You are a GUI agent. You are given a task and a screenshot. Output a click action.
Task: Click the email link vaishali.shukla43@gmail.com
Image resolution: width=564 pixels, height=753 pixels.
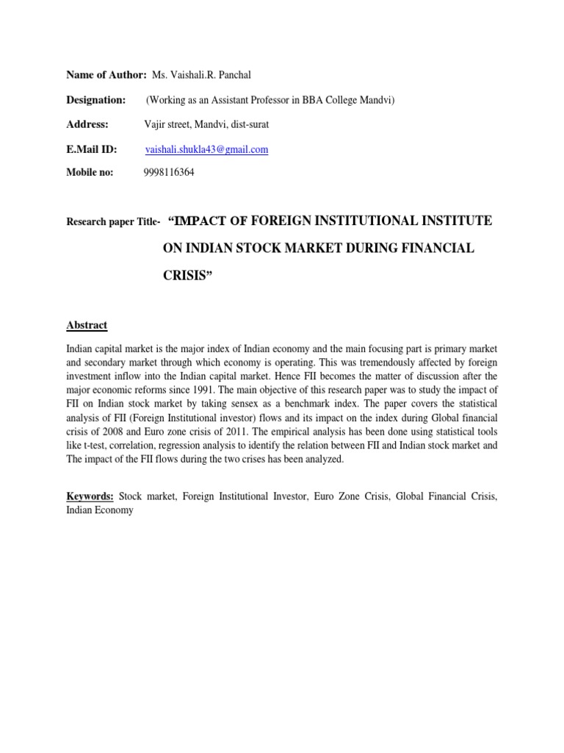point(206,149)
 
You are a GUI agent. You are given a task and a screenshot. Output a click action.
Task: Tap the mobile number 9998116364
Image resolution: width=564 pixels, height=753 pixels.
point(170,174)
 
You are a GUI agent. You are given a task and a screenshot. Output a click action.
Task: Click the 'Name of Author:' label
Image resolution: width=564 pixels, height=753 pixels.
point(106,76)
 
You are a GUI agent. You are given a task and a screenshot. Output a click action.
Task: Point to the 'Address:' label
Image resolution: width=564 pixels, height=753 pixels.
point(87,125)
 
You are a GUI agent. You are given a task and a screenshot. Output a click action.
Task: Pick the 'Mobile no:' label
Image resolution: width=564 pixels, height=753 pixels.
point(90,174)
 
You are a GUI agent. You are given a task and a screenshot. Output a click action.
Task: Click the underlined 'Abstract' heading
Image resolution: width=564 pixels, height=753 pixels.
point(87,325)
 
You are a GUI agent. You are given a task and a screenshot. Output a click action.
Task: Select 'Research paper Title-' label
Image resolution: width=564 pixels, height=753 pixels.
point(113,222)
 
